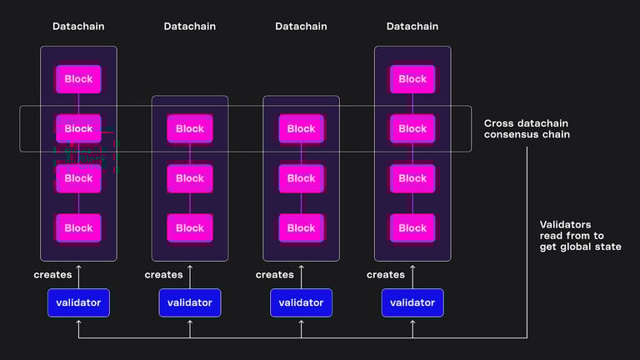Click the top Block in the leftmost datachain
[x=78, y=79]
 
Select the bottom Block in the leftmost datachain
[x=78, y=227]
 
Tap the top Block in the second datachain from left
[x=190, y=128]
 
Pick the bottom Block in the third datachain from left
[x=301, y=227]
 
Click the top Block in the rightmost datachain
[x=412, y=79]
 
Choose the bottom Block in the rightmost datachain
[x=412, y=227]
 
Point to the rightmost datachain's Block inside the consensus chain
[x=412, y=128]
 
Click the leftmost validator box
[x=78, y=302]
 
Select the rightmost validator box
[x=412, y=302]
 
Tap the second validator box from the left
[x=190, y=302]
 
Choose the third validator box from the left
[x=301, y=302]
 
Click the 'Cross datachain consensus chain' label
[x=527, y=129]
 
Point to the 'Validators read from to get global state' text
[x=580, y=235]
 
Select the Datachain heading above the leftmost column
[x=78, y=27]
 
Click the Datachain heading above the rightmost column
[x=412, y=27]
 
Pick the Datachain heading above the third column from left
[x=301, y=27]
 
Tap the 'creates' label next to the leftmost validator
[x=52, y=274]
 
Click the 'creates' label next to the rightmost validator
[x=386, y=274]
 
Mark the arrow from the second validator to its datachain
[x=190, y=275]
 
